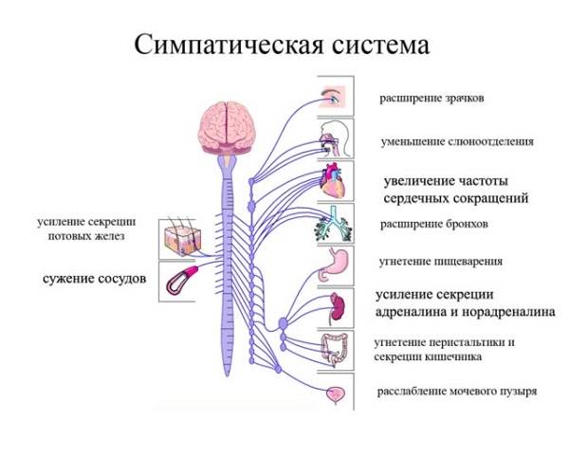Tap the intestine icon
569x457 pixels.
click(x=337, y=349)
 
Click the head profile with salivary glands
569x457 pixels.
click(x=335, y=138)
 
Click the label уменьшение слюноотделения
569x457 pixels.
click(x=456, y=141)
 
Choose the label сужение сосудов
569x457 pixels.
click(x=94, y=280)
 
